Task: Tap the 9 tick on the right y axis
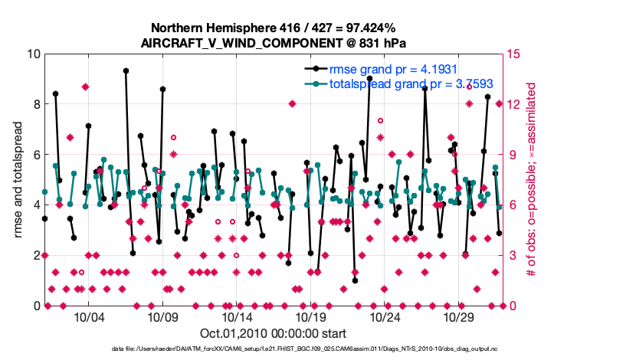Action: click(512, 155)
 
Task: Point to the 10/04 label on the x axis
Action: click(88, 317)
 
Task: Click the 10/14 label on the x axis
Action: click(237, 317)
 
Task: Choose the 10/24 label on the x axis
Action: click(385, 317)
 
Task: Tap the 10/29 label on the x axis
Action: click(460, 317)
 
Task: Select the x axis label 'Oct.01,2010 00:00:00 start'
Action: click(273, 333)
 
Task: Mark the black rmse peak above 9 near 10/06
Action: click(126, 70)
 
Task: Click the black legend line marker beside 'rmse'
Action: click(312, 69)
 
